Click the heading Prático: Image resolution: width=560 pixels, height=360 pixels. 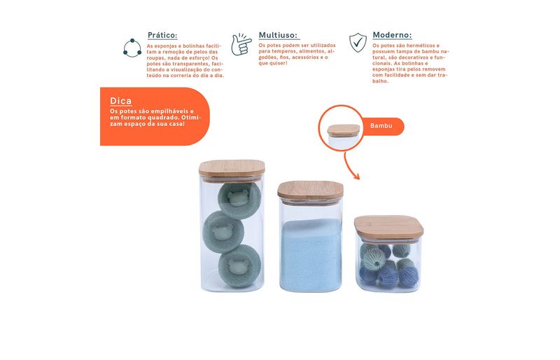pyautogui.click(x=162, y=35)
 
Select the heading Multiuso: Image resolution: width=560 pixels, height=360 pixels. pyautogui.click(x=278, y=35)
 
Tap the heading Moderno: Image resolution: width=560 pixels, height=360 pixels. pyautogui.click(x=392, y=35)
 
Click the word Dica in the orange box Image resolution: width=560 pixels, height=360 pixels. pyautogui.click(x=120, y=101)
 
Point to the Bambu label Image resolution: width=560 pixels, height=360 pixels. pyautogui.click(x=381, y=126)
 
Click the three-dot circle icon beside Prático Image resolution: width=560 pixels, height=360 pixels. pyautogui.click(x=132, y=48)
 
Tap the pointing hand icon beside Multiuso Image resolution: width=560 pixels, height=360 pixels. pyautogui.click(x=241, y=44)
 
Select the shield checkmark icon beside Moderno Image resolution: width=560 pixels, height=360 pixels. pyautogui.click(x=358, y=43)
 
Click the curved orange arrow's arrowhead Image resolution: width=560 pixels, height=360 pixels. pyautogui.click(x=356, y=176)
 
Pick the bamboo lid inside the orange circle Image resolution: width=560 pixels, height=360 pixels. pyautogui.click(x=344, y=130)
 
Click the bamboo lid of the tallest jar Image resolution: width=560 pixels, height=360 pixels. pyautogui.click(x=232, y=169)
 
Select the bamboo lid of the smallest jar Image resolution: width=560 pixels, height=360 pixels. pyautogui.click(x=389, y=227)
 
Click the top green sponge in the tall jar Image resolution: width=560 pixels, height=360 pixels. pyautogui.click(x=239, y=200)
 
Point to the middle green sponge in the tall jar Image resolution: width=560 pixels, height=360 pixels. pyautogui.click(x=223, y=232)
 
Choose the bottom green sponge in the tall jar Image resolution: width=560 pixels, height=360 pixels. pyautogui.click(x=239, y=266)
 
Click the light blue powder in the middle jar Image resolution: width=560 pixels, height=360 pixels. pyautogui.click(x=311, y=254)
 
